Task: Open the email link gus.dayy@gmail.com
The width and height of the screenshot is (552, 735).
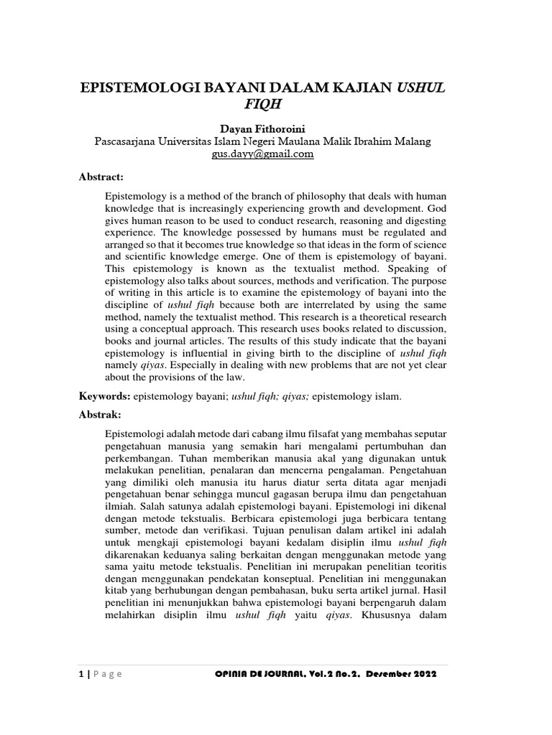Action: pos(263,154)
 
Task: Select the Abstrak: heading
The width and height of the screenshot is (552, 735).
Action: pos(101,415)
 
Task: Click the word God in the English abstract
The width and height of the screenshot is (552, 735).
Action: pos(438,208)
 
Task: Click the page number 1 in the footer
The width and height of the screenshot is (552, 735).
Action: pos(80,674)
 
